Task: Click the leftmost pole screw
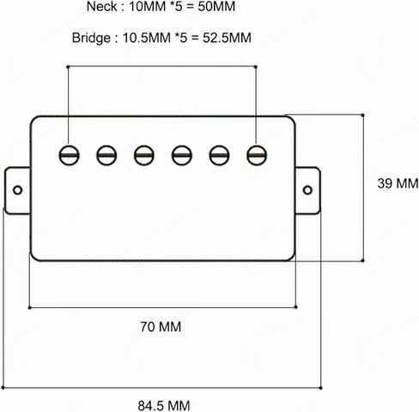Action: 69,156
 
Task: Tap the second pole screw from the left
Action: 106,156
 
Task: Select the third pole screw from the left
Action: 144,156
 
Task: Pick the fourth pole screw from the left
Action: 182,156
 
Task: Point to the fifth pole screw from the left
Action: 219,156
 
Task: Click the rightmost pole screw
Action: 257,156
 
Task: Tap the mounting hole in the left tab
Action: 18,190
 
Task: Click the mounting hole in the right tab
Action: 307,190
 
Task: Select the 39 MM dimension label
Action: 398,183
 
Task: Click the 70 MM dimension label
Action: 161,327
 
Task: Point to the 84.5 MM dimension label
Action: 164,406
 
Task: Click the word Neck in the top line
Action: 102,7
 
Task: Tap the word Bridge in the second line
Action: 91,38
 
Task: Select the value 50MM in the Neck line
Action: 216,7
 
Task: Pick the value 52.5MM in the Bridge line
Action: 227,38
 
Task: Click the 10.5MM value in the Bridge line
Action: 147,38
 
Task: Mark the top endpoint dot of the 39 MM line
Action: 363,115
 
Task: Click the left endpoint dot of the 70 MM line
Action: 29,308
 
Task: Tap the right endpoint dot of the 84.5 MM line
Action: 321,388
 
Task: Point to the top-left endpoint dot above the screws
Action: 68,67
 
